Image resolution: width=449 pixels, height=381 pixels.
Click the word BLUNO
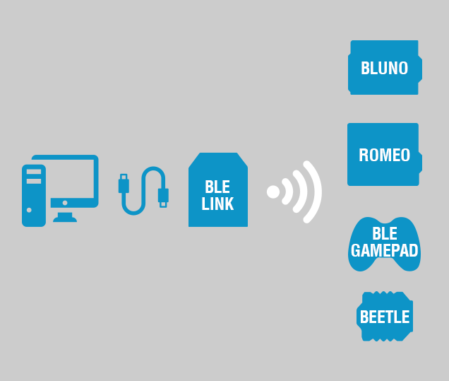384,69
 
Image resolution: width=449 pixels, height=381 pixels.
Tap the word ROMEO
384,156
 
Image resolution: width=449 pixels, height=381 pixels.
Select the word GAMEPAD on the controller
384,250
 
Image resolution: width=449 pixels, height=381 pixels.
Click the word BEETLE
384,317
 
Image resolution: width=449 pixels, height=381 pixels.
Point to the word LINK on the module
217,204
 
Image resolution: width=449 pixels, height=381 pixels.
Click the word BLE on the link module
217,187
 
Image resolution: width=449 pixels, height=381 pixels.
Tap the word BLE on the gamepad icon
384,233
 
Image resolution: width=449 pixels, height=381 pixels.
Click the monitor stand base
65,218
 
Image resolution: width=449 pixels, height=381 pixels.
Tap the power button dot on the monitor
65,203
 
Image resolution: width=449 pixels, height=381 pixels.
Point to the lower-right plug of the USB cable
163,195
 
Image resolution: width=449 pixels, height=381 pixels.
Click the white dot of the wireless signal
273,192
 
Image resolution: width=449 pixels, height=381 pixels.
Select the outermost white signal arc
316,192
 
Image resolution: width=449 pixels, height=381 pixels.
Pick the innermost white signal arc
288,192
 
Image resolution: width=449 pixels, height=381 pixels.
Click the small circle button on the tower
29,210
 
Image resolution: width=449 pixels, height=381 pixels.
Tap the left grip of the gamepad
357,261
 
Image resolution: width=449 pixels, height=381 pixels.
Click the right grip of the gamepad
412,261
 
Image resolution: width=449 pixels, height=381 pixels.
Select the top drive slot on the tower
34,172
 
